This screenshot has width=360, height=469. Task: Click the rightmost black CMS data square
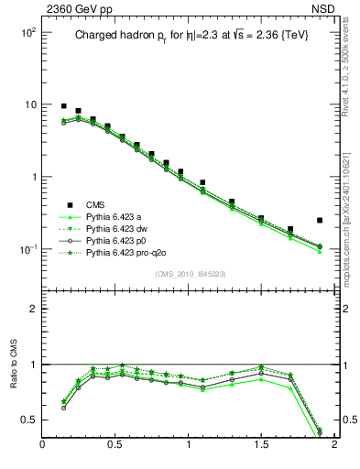coord(319,220)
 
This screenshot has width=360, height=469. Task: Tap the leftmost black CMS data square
coord(64,106)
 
